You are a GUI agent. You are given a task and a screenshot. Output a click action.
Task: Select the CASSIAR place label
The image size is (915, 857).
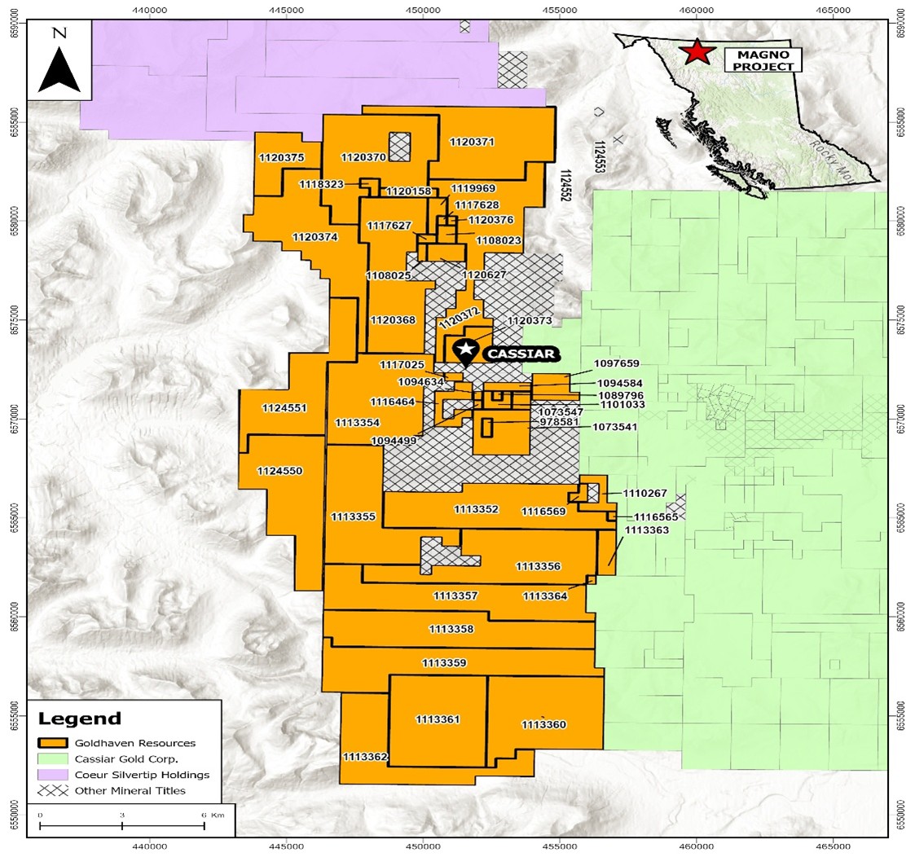tap(521, 354)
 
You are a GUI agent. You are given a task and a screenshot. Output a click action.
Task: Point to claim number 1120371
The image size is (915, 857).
tap(472, 142)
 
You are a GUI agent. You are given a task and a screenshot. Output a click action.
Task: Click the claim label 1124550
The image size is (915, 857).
tap(279, 471)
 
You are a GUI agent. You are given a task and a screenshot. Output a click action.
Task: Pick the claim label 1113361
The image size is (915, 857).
tap(438, 719)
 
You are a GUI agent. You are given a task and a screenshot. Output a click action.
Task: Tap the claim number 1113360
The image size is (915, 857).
tap(543, 724)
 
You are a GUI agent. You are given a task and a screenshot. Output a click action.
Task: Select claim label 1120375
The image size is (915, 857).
tap(281, 157)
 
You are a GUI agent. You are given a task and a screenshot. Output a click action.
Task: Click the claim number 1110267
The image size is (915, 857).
tap(644, 493)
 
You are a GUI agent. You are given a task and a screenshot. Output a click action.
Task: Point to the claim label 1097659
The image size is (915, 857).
tap(617, 364)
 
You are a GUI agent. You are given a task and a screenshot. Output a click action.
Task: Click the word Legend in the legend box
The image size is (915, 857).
tap(79, 719)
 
